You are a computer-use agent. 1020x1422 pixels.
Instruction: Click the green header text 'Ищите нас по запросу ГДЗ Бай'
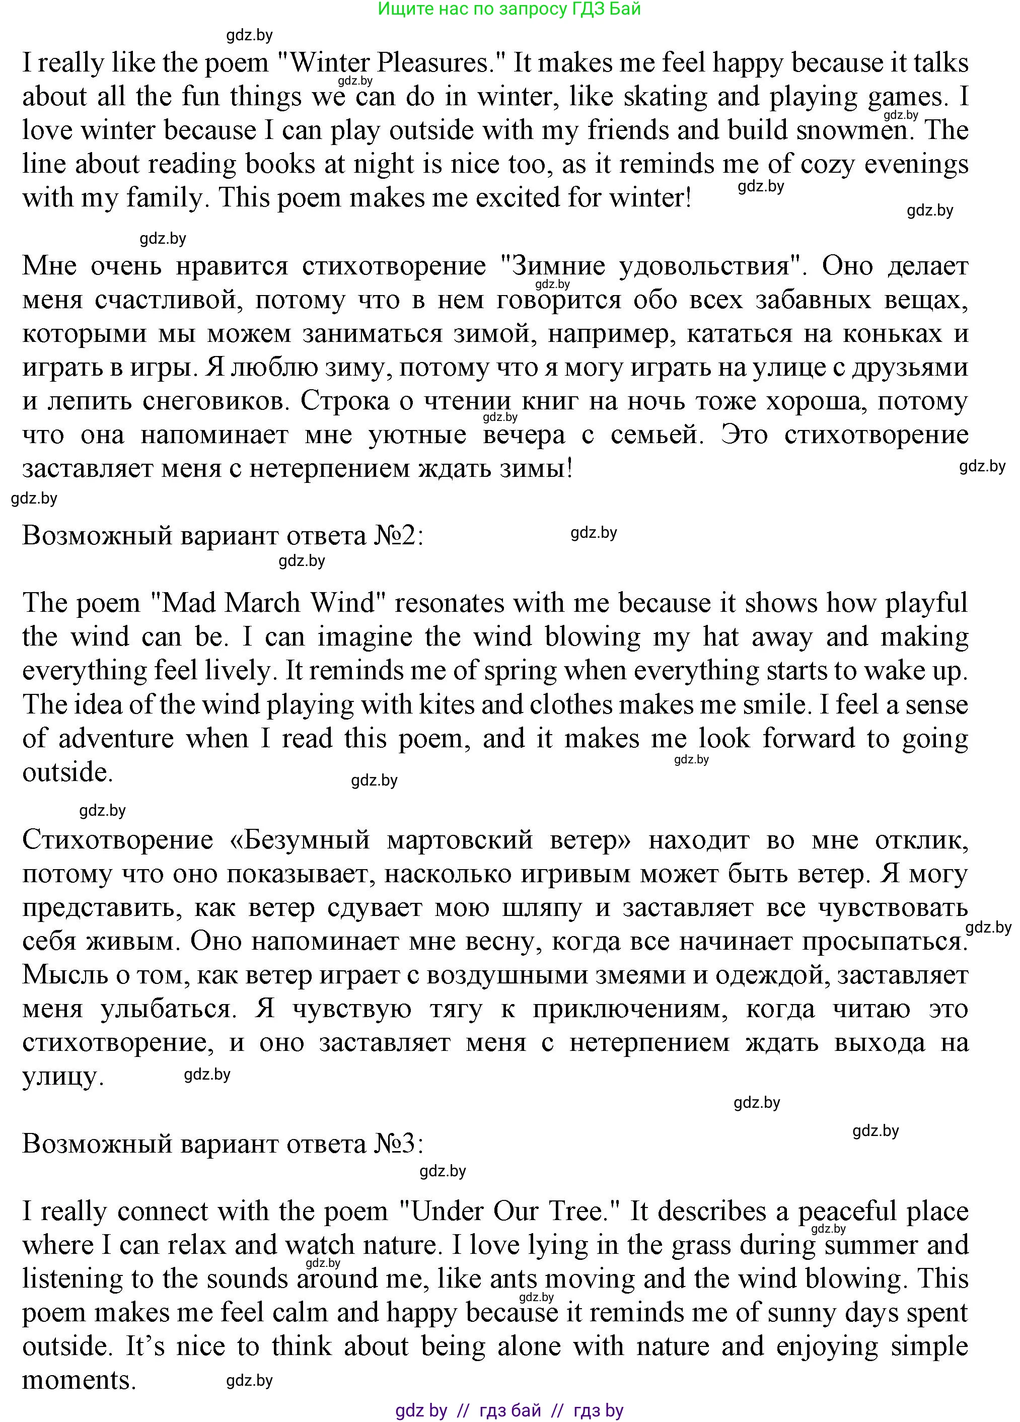pos(509,9)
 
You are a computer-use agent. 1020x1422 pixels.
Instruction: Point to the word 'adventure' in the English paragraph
pos(116,739)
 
